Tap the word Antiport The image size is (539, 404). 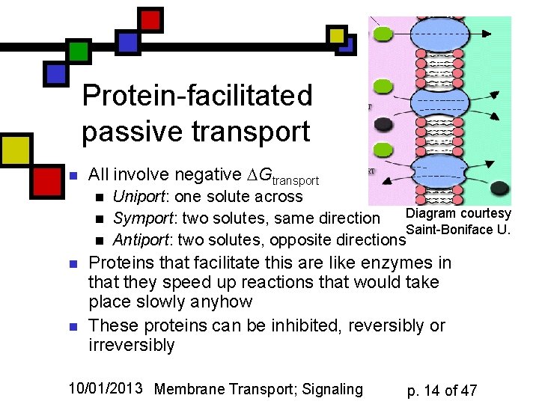(138, 240)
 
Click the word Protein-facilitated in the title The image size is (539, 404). (197, 96)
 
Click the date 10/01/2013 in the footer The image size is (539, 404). (106, 388)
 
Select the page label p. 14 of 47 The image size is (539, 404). (442, 390)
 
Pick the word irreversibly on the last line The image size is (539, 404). (132, 346)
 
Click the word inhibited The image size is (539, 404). (275, 326)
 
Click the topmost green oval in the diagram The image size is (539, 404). (383, 34)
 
